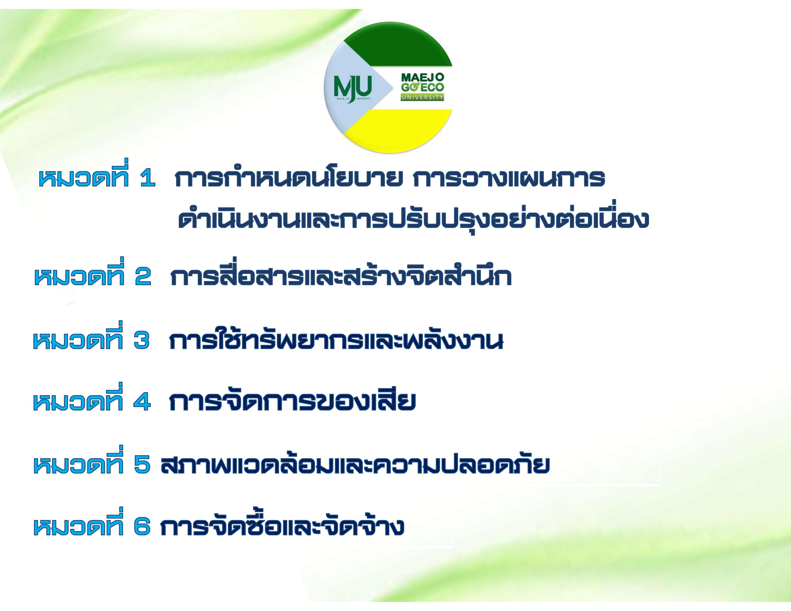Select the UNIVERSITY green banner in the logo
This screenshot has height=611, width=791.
tap(422, 97)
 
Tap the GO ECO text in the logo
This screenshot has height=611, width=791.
tap(422, 88)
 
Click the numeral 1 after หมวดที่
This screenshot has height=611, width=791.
tap(147, 179)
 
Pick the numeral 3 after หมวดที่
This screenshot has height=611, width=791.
tap(141, 341)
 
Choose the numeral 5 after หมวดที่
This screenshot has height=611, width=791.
tap(142, 465)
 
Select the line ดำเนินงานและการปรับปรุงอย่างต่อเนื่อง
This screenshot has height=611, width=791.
tap(413, 218)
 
